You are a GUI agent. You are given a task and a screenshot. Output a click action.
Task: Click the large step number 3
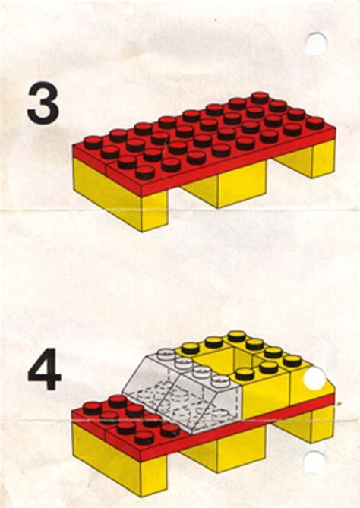tap(43, 104)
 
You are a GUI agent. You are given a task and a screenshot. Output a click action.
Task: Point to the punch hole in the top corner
tap(316, 43)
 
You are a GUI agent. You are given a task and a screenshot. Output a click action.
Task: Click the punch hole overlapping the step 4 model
tap(315, 380)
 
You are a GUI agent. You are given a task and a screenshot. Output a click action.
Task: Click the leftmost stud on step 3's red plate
tap(93, 142)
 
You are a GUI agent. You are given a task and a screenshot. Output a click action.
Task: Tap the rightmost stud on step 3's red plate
tap(315, 121)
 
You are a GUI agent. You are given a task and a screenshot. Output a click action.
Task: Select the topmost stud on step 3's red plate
tap(260, 97)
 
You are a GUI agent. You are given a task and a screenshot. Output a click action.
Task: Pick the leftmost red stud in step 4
tap(92, 409)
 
